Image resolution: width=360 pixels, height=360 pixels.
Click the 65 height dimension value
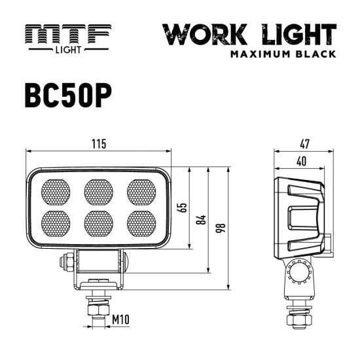[x=183, y=207]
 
